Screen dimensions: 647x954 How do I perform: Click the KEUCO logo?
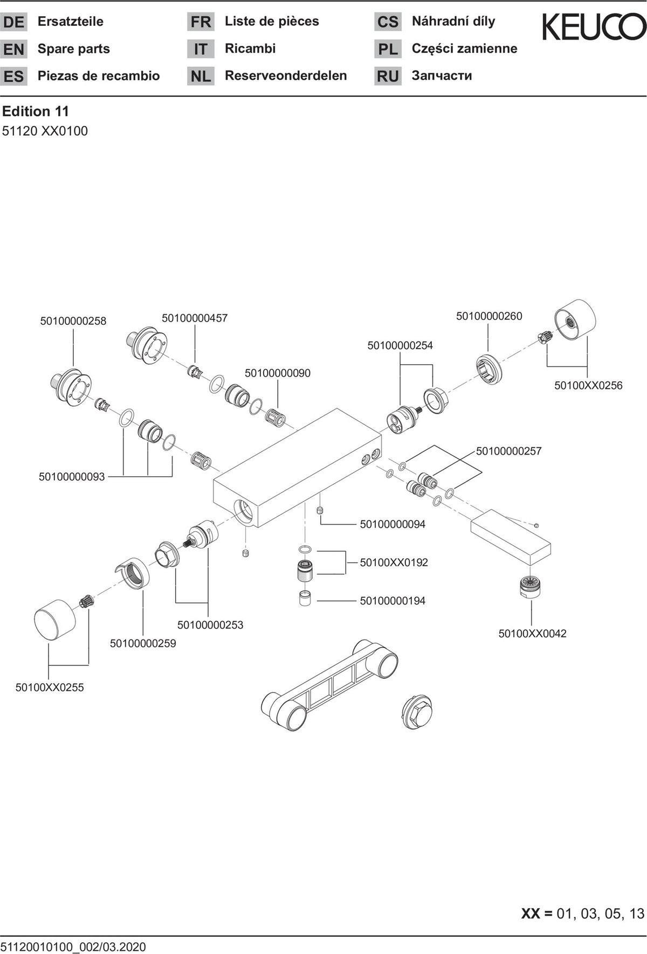click(x=594, y=27)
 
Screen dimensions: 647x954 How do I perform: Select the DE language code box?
click(x=13, y=22)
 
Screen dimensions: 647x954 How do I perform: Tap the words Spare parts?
click(x=74, y=49)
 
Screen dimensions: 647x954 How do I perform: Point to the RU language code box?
click(x=388, y=76)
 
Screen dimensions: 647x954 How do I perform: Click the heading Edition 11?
click(x=36, y=112)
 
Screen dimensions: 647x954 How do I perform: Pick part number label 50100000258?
click(x=73, y=321)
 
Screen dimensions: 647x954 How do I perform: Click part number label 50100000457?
click(x=195, y=318)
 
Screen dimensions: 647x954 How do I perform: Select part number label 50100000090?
click(x=278, y=373)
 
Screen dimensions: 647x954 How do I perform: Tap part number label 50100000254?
click(x=400, y=345)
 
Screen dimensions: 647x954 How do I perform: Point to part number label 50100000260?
click(x=489, y=316)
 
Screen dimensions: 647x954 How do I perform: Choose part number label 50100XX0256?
click(x=588, y=386)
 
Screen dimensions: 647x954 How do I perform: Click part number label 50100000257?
click(x=509, y=451)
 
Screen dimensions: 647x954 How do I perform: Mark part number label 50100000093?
click(x=72, y=477)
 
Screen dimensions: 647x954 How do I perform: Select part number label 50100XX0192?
click(x=394, y=563)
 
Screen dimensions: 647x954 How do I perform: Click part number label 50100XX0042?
click(x=532, y=634)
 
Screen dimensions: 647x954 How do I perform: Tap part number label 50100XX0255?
click(x=50, y=688)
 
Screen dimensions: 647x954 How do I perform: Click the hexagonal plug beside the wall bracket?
click(x=417, y=712)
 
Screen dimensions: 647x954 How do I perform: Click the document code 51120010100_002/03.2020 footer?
click(x=73, y=946)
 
